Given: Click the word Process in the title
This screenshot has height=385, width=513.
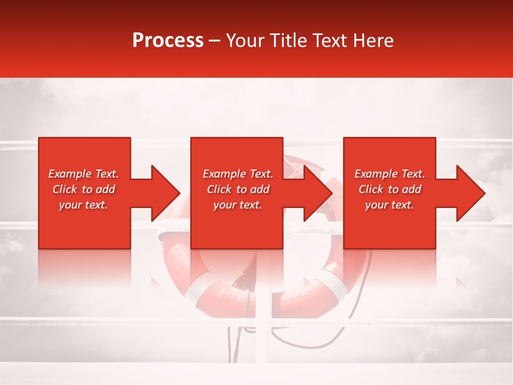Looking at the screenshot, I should click(168, 41).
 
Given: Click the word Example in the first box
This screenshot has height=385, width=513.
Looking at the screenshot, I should click(70, 174).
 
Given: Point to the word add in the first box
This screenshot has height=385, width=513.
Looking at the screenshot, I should click(105, 189).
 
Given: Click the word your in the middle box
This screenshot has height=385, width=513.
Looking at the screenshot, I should click(224, 205).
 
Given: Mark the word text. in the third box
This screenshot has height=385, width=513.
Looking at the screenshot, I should click(402, 205).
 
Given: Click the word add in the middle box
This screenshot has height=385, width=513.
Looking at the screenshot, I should click(259, 189).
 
